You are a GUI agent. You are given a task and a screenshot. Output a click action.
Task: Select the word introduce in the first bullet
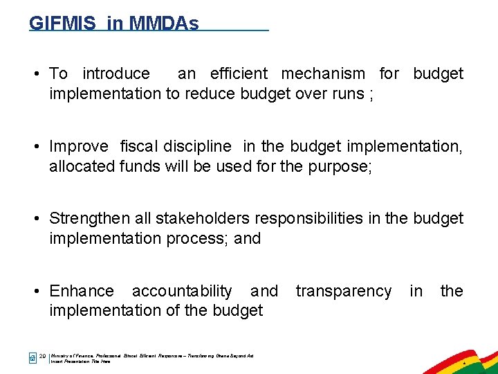[x=116, y=73]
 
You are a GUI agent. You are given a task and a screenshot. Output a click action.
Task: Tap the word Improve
[x=79, y=146]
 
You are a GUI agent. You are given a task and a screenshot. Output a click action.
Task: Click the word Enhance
[x=82, y=291]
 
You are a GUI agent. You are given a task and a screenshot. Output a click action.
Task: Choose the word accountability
[x=182, y=291]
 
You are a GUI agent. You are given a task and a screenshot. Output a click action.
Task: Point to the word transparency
[x=343, y=291]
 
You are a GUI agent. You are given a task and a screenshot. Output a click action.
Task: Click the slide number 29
[x=43, y=356]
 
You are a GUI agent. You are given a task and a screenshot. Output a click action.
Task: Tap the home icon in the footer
[x=32, y=357]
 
